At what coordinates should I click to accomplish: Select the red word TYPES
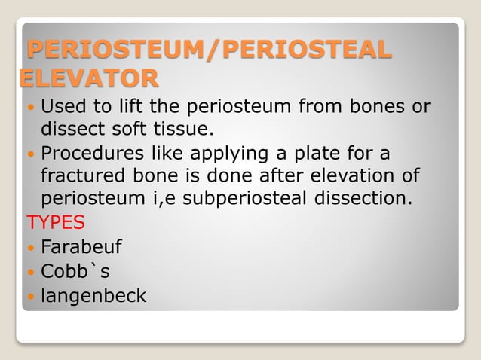[x=56, y=224]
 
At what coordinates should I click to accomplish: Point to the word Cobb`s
[x=75, y=272]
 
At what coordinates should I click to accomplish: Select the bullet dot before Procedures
[x=30, y=155]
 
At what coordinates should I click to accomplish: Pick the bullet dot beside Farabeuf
[x=30, y=248]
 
